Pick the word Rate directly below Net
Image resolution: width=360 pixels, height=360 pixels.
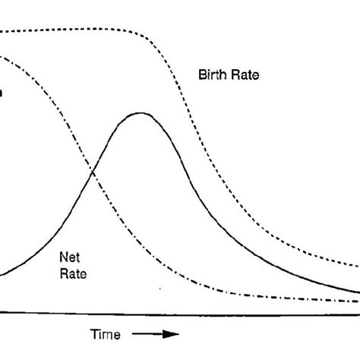coord(72,271)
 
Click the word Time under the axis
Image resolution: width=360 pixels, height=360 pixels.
coord(106,334)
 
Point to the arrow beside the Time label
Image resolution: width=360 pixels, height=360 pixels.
coord(155,334)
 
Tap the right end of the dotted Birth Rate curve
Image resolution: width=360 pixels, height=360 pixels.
coord(358,265)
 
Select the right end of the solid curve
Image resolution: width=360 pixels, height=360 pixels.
coord(358,292)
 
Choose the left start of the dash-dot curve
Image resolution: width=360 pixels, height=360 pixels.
coord(2,55)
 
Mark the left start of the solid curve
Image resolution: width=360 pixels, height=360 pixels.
coord(2,274)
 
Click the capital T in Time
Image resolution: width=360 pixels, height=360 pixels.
coord(95,334)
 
